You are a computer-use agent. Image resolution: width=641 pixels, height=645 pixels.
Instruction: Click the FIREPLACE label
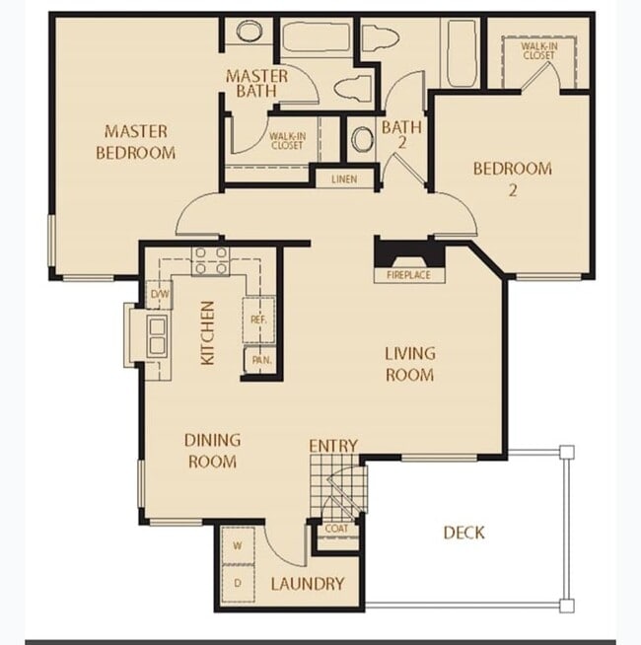pos(408,275)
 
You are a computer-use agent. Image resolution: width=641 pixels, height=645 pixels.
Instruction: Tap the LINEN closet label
pos(344,179)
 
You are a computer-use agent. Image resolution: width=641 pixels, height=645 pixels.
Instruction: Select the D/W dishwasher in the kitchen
pos(159,294)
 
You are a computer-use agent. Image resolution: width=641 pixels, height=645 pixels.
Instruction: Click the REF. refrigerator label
pos(258,320)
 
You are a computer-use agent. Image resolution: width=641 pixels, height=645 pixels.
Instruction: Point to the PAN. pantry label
pos(261,360)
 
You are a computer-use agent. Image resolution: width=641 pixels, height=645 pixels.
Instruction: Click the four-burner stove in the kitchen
pos(211,261)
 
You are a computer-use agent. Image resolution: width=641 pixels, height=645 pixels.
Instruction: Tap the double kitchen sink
pos(158,335)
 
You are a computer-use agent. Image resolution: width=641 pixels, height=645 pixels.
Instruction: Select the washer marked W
pos(238,545)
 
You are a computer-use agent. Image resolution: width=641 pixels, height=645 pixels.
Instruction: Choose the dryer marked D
pos(238,583)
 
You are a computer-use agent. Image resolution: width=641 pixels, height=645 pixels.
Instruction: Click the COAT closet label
pos(336,529)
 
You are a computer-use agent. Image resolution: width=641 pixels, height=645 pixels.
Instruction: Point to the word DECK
pos(463,534)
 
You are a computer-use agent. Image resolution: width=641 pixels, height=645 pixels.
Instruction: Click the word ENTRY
pos(333,446)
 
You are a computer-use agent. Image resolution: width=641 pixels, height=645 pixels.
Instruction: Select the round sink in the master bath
pos(249,32)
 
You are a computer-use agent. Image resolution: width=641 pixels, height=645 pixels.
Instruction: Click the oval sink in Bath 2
pos(362,139)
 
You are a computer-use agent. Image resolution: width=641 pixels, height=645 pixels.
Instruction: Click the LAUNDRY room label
pos(308,584)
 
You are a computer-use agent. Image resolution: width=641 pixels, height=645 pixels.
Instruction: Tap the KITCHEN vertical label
pos(208,332)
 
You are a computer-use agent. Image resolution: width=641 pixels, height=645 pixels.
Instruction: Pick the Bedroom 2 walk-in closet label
pos(539,51)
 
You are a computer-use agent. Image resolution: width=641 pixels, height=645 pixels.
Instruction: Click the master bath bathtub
pos(316,37)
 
